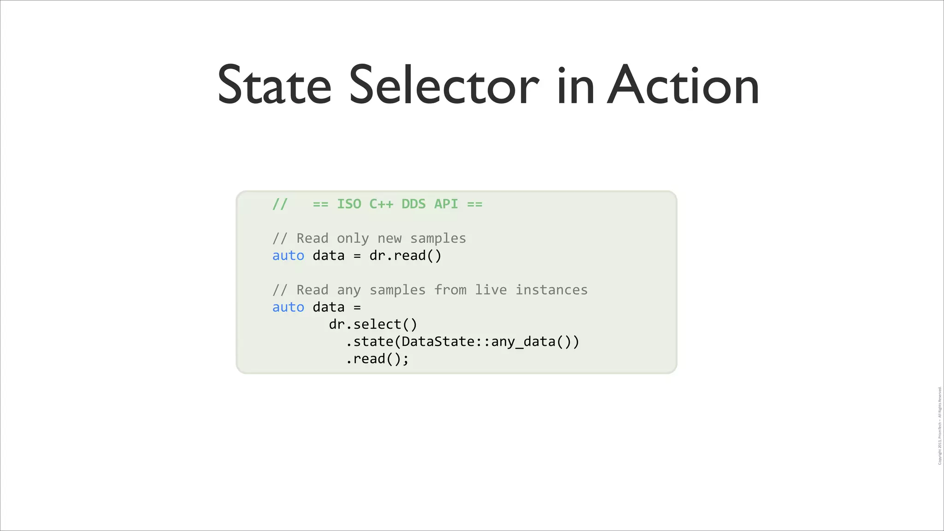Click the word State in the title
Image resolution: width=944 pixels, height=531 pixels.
pyautogui.click(x=274, y=85)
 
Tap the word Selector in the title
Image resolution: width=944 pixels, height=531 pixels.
pyautogui.click(x=444, y=85)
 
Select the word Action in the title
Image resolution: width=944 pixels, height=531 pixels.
pyautogui.click(x=683, y=85)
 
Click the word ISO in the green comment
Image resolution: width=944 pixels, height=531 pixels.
pyautogui.click(x=349, y=204)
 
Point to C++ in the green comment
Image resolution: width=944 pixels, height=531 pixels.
pyautogui.click(x=381, y=204)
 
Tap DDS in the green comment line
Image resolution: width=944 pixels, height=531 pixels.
pyautogui.click(x=413, y=204)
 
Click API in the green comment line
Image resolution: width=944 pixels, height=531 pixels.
pyautogui.click(x=446, y=204)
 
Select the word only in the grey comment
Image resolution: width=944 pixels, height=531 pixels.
pyautogui.click(x=353, y=238)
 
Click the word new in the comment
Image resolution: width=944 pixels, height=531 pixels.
pyautogui.click(x=389, y=238)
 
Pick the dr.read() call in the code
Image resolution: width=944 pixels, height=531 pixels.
pyautogui.click(x=405, y=255)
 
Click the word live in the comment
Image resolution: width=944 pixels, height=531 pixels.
pyautogui.click(x=490, y=290)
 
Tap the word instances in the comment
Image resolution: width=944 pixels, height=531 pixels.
pyautogui.click(x=551, y=290)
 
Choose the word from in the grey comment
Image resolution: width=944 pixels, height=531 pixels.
pyautogui.click(x=450, y=290)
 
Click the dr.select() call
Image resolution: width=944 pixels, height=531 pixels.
pyautogui.click(x=373, y=324)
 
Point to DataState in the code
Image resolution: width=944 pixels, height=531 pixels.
pyautogui.click(x=438, y=342)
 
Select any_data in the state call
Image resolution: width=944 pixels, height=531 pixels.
pyautogui.click(x=523, y=342)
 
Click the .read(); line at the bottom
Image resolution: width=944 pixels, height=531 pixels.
pyautogui.click(x=377, y=359)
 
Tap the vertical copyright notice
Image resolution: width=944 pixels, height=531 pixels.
pyautogui.click(x=939, y=425)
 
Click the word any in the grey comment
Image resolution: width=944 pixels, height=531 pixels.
pyautogui.click(x=348, y=290)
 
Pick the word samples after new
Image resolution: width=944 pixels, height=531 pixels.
pyautogui.click(x=438, y=238)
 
